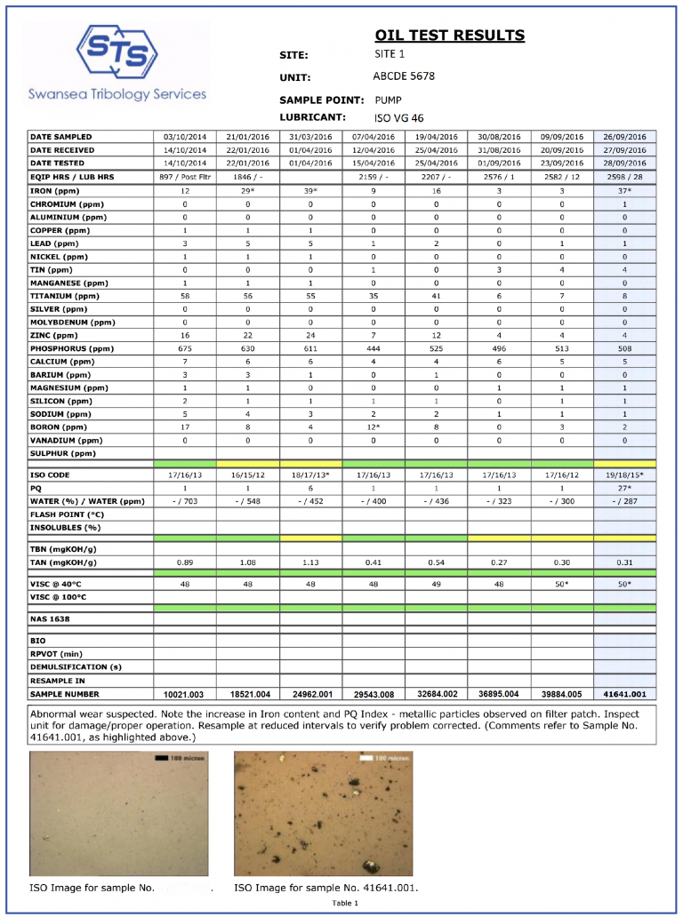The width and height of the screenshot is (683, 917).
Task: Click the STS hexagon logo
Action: pos(118,53)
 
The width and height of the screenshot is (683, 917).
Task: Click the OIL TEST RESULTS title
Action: pos(449,36)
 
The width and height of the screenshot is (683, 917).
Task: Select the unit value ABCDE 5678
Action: pos(404,76)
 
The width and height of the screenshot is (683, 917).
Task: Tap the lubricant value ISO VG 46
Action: pos(398,117)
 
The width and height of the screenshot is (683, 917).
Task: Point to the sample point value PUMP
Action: pos(388,100)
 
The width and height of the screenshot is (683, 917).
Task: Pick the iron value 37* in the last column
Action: pos(624,191)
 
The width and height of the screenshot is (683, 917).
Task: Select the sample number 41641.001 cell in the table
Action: pos(624,694)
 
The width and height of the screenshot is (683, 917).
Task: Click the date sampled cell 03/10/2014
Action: pos(185,137)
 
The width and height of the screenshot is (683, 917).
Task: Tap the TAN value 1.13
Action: pos(310,562)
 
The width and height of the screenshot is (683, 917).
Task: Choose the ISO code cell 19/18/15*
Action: pos(624,475)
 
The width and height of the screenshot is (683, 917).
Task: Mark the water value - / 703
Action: pos(185,502)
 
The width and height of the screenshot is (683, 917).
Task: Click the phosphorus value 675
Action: pos(185,349)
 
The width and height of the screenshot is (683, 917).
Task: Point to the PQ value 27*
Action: pos(624,489)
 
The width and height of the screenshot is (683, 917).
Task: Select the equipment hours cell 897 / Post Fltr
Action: pos(185,178)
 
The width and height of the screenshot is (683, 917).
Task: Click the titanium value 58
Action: pos(185,296)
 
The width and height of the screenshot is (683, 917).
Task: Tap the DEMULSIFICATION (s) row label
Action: pos(75,666)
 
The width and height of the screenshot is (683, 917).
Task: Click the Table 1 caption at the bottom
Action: pos(345,904)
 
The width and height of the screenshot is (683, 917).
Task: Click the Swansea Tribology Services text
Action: pos(117,94)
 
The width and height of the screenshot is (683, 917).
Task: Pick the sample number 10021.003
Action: pos(185,694)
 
